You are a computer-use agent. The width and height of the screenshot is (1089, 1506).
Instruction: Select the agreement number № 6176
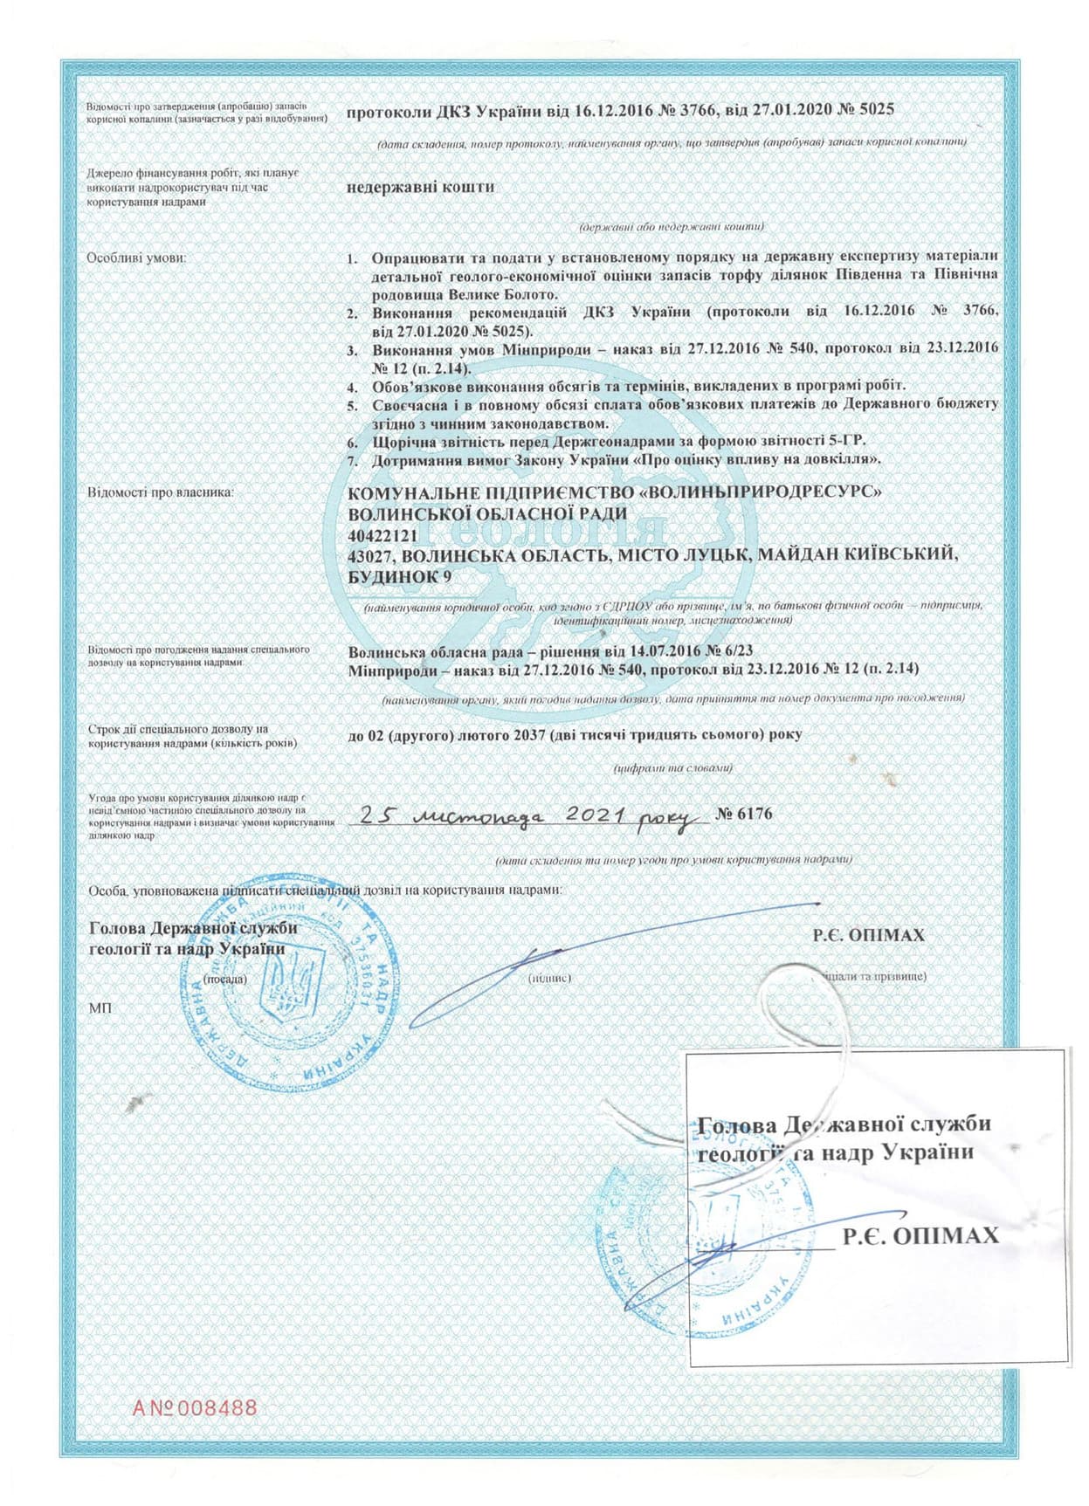(x=744, y=814)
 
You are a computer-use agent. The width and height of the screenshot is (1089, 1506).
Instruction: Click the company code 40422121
(x=383, y=533)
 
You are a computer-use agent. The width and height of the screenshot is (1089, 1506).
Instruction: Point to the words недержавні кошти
(x=421, y=187)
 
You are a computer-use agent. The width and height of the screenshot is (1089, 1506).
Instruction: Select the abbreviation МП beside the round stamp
(x=100, y=1008)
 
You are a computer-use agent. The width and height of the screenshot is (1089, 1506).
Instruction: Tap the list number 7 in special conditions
(x=353, y=459)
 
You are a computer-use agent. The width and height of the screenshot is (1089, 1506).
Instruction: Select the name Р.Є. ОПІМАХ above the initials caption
(x=868, y=935)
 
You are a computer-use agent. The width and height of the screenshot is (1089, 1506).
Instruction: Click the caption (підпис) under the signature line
(x=550, y=978)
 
